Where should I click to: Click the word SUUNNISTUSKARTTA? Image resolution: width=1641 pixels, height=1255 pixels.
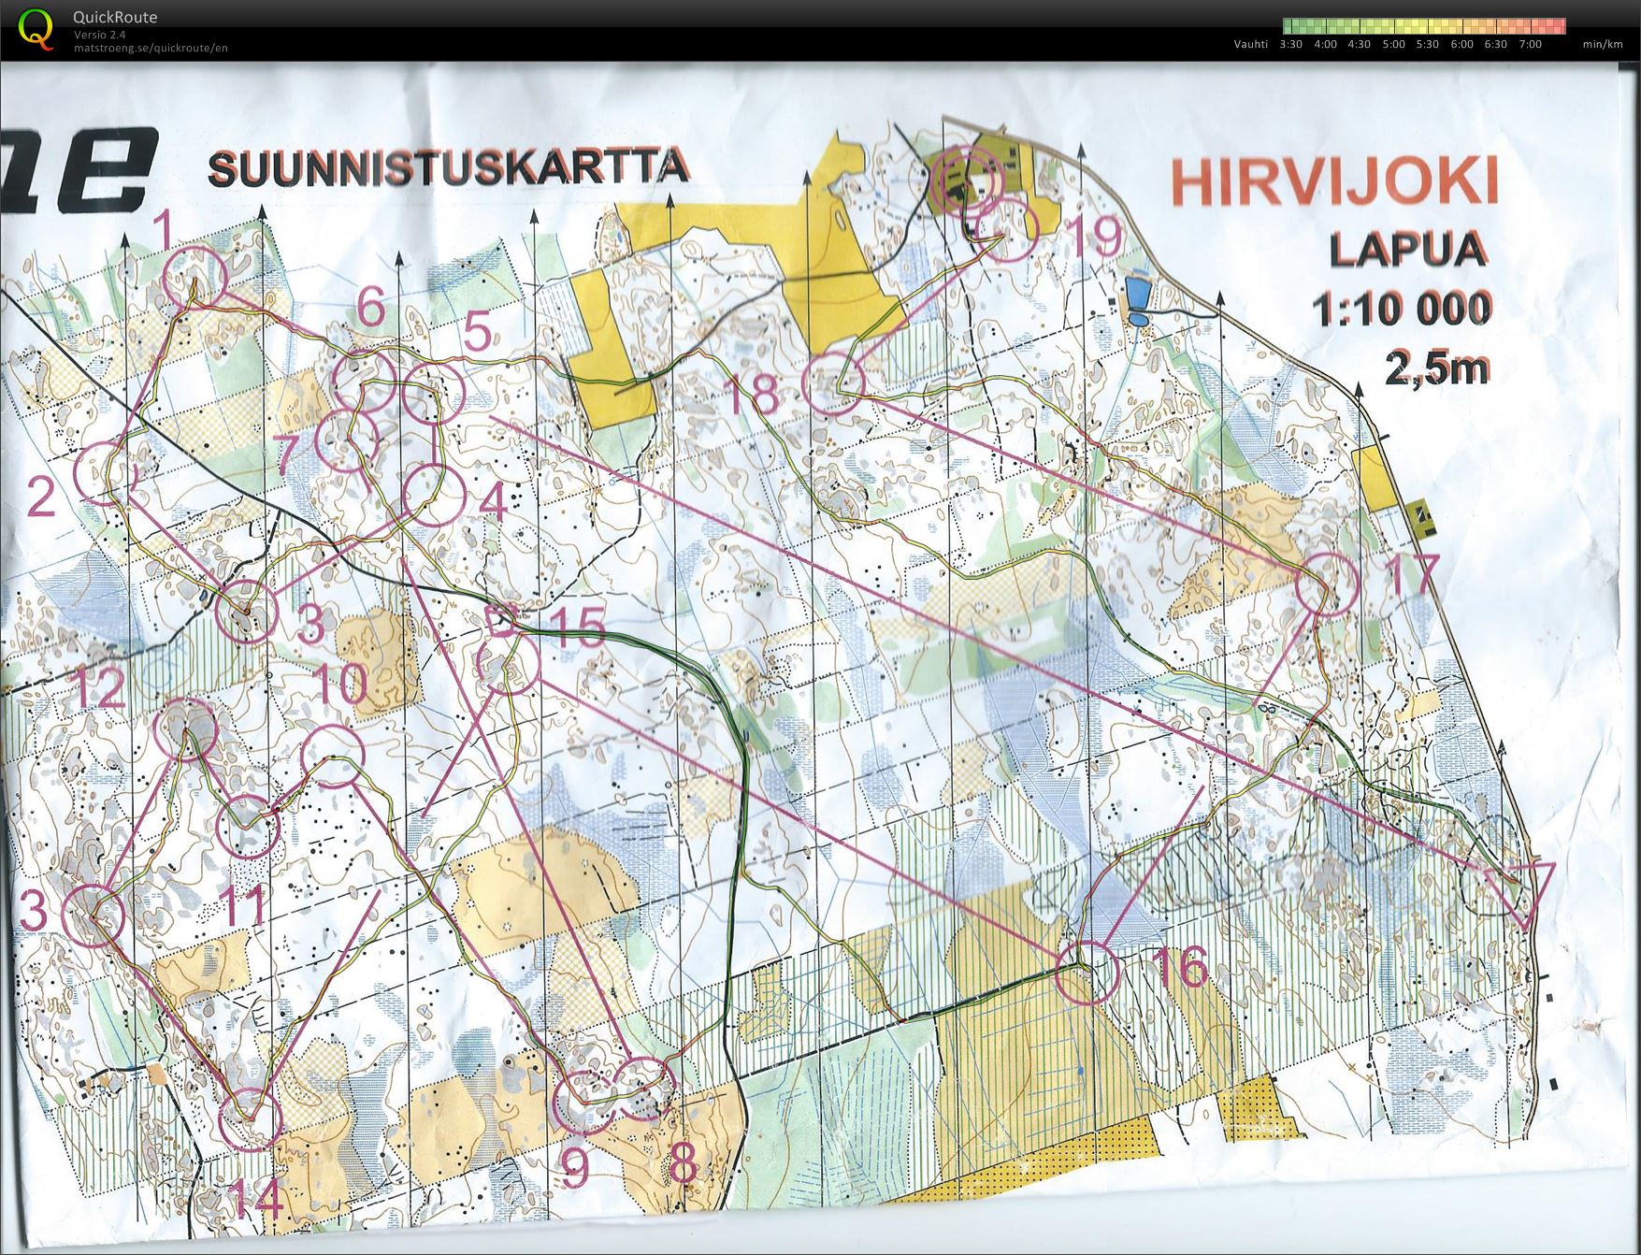point(449,168)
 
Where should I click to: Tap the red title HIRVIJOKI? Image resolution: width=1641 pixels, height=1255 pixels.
point(1334,182)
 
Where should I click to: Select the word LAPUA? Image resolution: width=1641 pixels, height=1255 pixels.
point(1407,250)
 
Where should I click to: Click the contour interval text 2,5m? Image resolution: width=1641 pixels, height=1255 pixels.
point(1436,369)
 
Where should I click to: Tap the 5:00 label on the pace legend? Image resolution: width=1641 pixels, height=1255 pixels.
point(1393,44)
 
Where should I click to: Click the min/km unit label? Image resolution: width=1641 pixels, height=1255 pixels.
point(1603,44)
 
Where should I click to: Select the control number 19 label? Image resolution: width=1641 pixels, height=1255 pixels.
point(1093,237)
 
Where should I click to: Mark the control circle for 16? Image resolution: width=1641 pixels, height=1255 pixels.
point(1087,973)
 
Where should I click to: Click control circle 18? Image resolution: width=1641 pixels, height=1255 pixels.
point(833,384)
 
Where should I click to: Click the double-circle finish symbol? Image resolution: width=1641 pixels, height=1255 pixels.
point(969,178)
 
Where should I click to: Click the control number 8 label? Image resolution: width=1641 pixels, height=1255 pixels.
point(684,1165)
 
